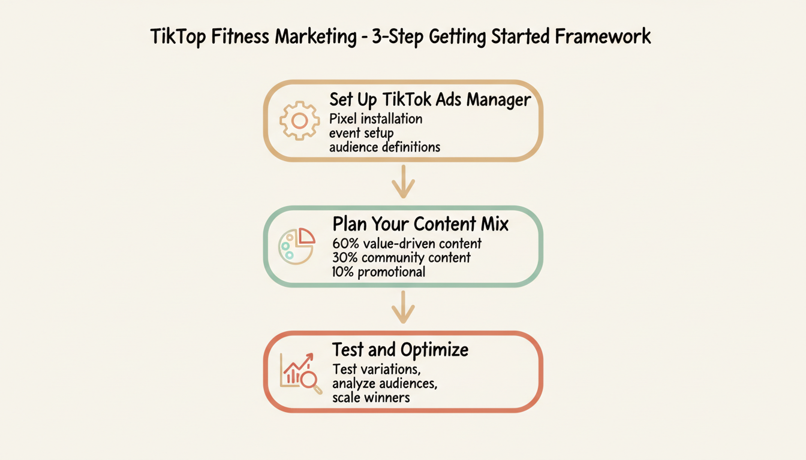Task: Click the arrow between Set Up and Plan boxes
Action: [403, 181]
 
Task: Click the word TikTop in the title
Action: [178, 37]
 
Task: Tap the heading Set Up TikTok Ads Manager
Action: [430, 99]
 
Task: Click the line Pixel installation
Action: [376, 119]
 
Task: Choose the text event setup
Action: [361, 132]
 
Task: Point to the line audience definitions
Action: [384, 146]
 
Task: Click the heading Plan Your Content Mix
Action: [420, 225]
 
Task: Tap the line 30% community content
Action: [401, 258]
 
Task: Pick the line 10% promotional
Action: [378, 271]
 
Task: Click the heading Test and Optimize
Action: [401, 349]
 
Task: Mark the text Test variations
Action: [375, 369]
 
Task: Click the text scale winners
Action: [371, 397]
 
